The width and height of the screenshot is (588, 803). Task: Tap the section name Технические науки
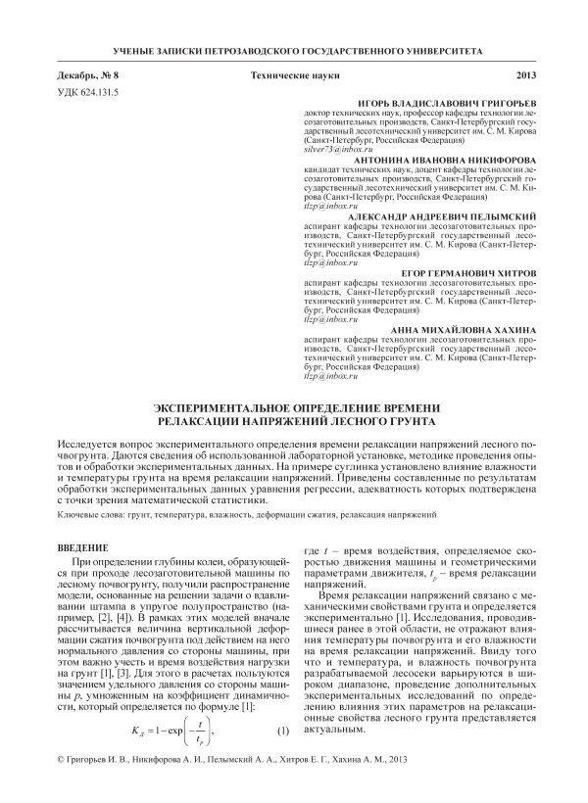click(293, 74)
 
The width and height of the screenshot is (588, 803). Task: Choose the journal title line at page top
click(294, 48)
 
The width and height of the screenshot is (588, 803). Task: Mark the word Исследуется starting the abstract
click(96, 444)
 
